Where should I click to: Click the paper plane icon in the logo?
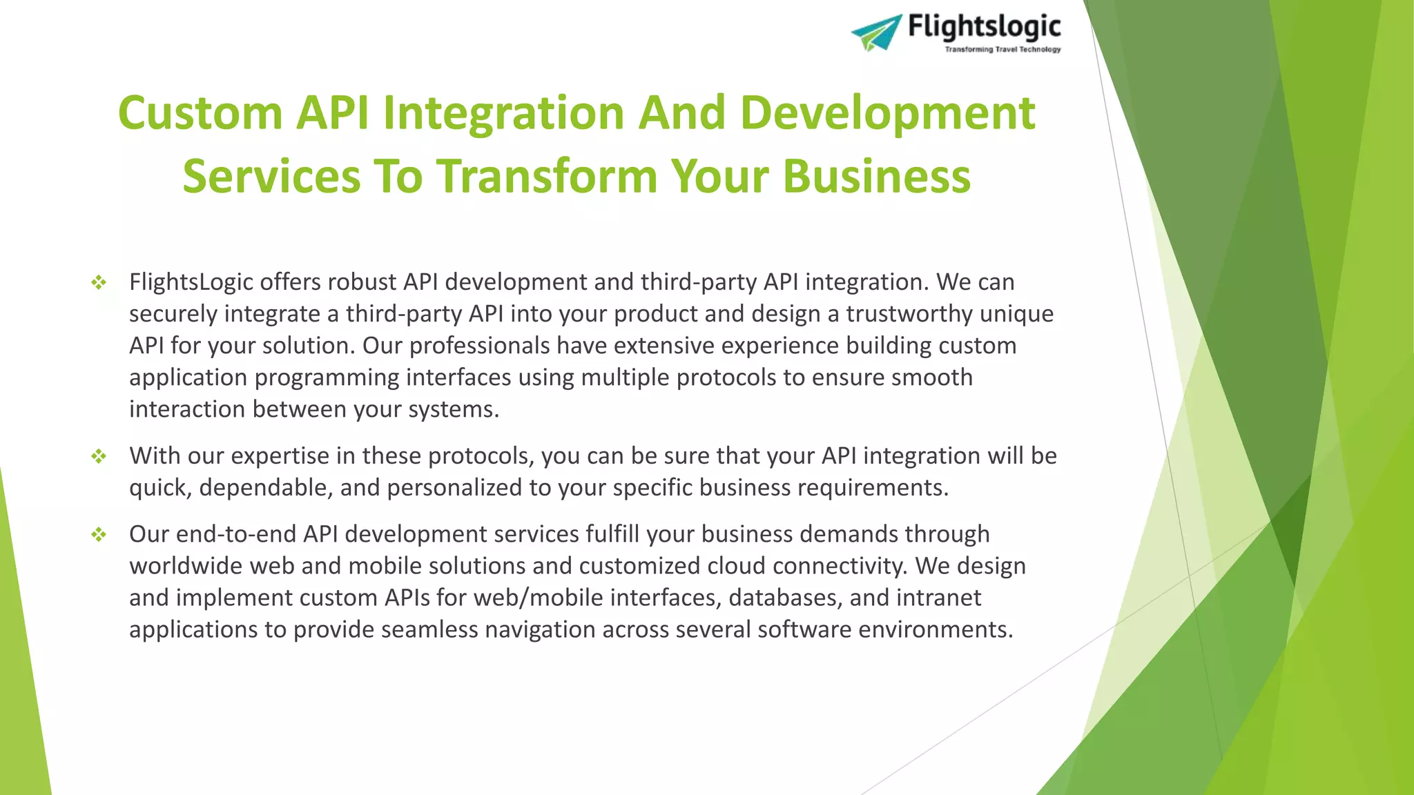[x=876, y=32]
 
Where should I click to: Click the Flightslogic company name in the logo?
[x=984, y=27]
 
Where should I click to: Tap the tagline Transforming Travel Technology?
[x=1003, y=50]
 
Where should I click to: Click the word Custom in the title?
[x=200, y=113]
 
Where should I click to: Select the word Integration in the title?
[x=503, y=113]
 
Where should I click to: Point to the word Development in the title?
[x=887, y=113]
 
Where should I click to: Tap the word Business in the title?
[x=876, y=176]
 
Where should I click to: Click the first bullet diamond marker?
[x=99, y=282]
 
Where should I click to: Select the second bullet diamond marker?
[x=99, y=456]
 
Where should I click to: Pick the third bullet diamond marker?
[x=99, y=534]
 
